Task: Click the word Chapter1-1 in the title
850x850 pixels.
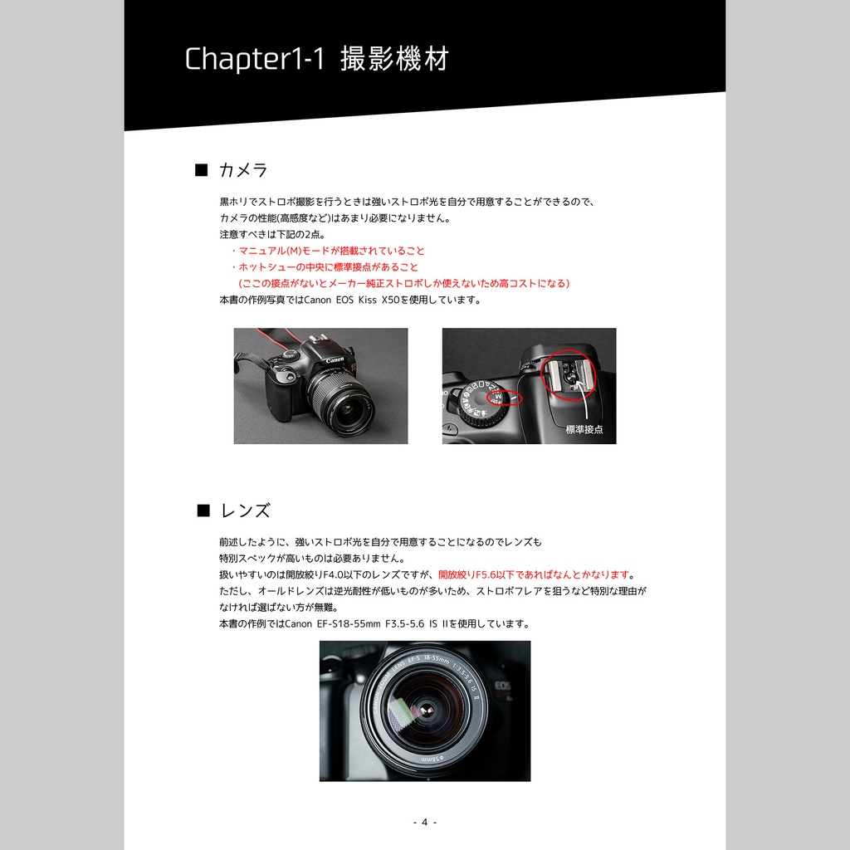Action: pos(253,60)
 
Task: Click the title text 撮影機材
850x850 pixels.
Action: pos(394,60)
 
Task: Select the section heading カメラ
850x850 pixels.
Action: pos(243,170)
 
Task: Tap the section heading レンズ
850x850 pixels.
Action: pos(245,510)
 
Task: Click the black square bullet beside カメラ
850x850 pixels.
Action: pos(201,170)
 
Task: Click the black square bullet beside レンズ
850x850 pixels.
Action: pos(203,510)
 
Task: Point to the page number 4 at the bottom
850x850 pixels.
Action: pos(424,822)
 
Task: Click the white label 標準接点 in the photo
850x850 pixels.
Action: pos(584,429)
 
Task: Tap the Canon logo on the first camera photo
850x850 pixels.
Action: pos(335,359)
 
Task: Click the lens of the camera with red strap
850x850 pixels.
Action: pos(341,402)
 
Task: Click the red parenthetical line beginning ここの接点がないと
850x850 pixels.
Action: pos(403,283)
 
